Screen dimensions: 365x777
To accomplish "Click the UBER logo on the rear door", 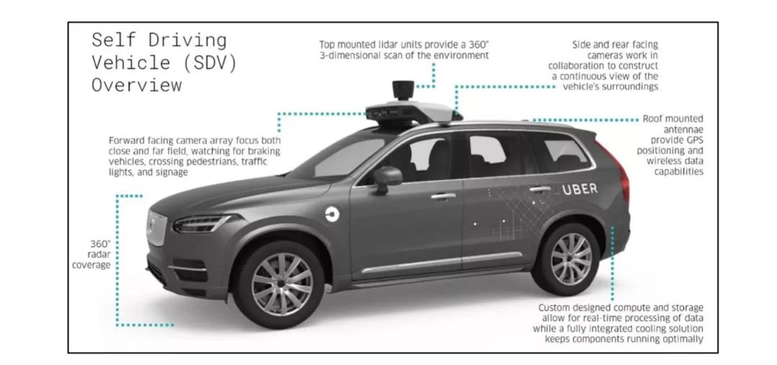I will click(579, 190).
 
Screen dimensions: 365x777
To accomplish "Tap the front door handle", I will click(443, 195).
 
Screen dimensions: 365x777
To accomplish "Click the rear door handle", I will click(540, 189).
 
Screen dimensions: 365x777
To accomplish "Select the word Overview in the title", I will click(136, 86).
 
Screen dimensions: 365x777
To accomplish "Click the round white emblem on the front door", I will click(332, 213).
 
